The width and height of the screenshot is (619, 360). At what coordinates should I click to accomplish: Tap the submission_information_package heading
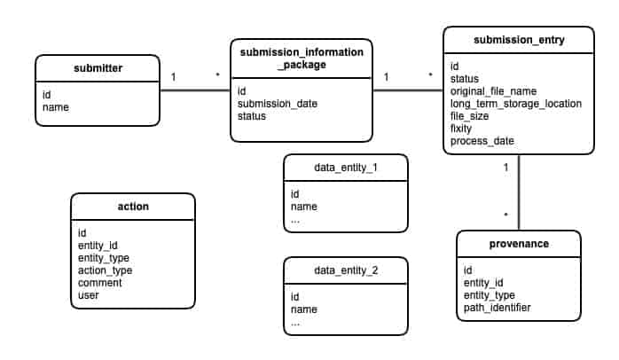[301, 59]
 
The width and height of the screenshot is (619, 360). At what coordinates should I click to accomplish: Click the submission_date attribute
[278, 104]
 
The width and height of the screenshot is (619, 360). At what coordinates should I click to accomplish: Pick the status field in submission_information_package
[252, 116]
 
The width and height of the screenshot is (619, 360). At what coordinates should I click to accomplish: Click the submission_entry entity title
[519, 40]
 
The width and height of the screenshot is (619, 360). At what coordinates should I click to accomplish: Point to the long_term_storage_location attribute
[516, 104]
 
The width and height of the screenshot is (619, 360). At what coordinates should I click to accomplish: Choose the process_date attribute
[482, 141]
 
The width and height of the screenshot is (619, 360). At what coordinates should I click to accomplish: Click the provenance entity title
[519, 243]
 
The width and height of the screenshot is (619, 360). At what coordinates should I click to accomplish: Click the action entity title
[133, 207]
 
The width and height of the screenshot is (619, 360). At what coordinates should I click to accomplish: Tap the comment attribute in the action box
[99, 283]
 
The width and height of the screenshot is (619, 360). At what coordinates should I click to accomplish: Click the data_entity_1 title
[346, 167]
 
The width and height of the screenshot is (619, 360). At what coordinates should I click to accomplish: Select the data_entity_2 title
[346, 270]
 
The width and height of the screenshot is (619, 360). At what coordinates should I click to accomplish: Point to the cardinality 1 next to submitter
[174, 77]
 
